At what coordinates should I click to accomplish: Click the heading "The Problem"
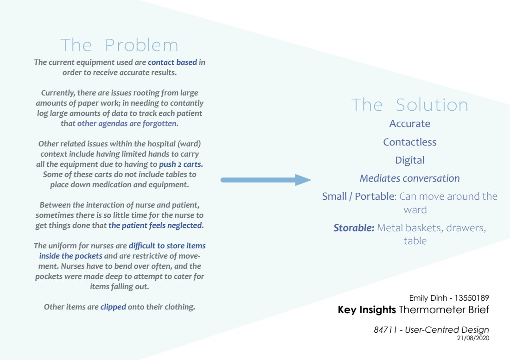pyautogui.click(x=119, y=45)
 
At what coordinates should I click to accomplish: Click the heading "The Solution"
pyautogui.click(x=409, y=105)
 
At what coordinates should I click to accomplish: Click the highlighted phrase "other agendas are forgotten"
pyautogui.click(x=127, y=123)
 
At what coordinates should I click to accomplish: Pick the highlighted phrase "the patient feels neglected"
pyautogui.click(x=156, y=226)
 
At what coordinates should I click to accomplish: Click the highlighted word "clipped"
pyautogui.click(x=113, y=307)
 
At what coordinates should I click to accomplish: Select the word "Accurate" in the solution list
pyautogui.click(x=409, y=124)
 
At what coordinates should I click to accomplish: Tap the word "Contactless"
pyautogui.click(x=409, y=142)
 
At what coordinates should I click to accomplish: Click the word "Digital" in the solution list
pyautogui.click(x=409, y=160)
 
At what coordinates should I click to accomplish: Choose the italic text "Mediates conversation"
pyautogui.click(x=409, y=178)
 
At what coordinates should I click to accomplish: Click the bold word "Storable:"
pyautogui.click(x=354, y=227)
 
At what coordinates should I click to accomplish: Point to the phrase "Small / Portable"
pyautogui.click(x=358, y=196)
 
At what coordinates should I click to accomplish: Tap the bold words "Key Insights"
pyautogui.click(x=367, y=309)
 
